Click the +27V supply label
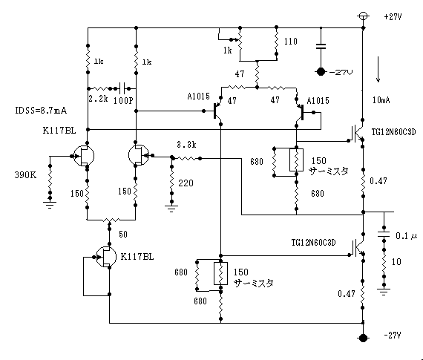pyautogui.click(x=393, y=17)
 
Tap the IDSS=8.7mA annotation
pyautogui.click(x=41, y=111)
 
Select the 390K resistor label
pyautogui.click(x=25, y=175)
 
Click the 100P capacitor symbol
pyautogui.click(x=123, y=88)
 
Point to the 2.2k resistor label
pyautogui.click(x=98, y=99)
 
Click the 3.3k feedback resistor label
pyautogui.click(x=186, y=145)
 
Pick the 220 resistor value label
pyautogui.click(x=186, y=183)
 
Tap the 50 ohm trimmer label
pyautogui.click(x=123, y=235)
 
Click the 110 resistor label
pyautogui.click(x=291, y=42)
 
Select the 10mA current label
pyautogui.click(x=381, y=100)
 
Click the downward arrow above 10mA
pyautogui.click(x=378, y=69)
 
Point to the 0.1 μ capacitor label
pyautogui.click(x=407, y=236)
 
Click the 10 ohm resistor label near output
pyautogui.click(x=396, y=261)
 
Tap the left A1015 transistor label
pyautogui.click(x=199, y=96)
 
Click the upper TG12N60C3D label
pyautogui.click(x=393, y=132)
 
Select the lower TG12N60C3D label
pyautogui.click(x=313, y=242)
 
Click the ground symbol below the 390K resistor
pyautogui.click(x=50, y=205)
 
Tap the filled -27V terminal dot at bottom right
pyautogui.click(x=363, y=338)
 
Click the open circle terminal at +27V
pyautogui.click(x=363, y=16)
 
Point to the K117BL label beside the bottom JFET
pyautogui.click(x=137, y=257)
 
